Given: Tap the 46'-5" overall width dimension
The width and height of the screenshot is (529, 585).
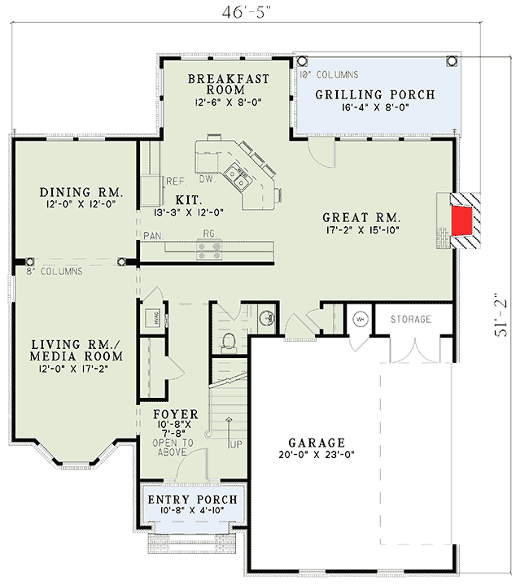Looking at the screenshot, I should click(x=261, y=13).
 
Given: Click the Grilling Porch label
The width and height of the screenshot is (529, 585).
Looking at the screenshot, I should click(x=374, y=94).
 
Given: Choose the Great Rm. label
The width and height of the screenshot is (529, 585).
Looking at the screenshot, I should click(x=361, y=217).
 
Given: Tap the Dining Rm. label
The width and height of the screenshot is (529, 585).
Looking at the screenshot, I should click(x=81, y=193).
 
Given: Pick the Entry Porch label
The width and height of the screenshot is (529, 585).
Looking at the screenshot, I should click(x=191, y=499).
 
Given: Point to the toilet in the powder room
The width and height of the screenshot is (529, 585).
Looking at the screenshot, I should click(x=229, y=339).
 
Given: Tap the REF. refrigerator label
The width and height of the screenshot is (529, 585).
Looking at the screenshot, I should click(x=176, y=181).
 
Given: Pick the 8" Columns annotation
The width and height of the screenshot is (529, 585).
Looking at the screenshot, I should click(x=54, y=272).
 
